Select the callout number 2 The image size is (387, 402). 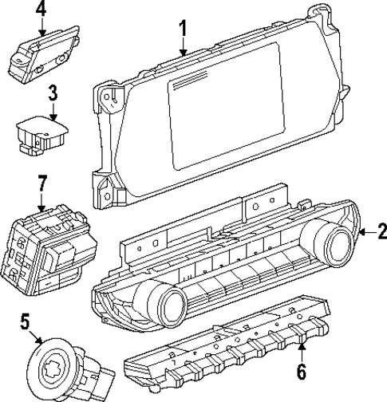(x=381, y=232)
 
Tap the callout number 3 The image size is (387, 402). (x=51, y=91)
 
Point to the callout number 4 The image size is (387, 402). (x=41, y=10)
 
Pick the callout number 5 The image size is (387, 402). (x=25, y=324)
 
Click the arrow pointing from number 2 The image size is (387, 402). (x=365, y=232)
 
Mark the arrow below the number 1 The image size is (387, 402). (x=184, y=49)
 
